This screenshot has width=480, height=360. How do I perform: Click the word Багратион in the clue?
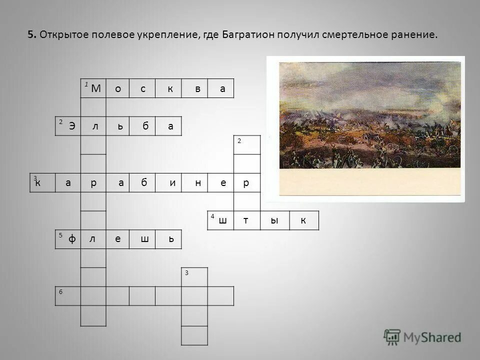pyautogui.click(x=243, y=35)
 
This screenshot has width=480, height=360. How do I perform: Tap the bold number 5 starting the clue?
pyautogui.click(x=31, y=35)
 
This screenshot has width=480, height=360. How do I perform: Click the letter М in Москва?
pyautogui.click(x=96, y=89)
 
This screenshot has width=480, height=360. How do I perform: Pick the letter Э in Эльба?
pyautogui.click(x=72, y=126)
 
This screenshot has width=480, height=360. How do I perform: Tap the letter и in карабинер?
pyautogui.click(x=172, y=183)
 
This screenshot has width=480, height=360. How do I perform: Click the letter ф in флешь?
pyautogui.click(x=72, y=239)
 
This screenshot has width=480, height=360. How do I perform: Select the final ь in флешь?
pyautogui.click(x=171, y=239)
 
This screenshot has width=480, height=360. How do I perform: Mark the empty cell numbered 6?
pyautogui.click(x=68, y=295)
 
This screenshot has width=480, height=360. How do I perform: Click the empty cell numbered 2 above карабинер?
pyautogui.click(x=247, y=145)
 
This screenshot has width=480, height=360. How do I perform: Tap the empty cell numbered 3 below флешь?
pyautogui.click(x=194, y=276)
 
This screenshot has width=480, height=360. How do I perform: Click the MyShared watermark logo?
pyautogui.click(x=422, y=337)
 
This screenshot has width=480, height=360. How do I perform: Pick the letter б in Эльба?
pyautogui.click(x=145, y=126)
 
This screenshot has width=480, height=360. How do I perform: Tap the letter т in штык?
pyautogui.click(x=246, y=220)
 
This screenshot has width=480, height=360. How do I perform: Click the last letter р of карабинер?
pyautogui.click(x=246, y=183)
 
